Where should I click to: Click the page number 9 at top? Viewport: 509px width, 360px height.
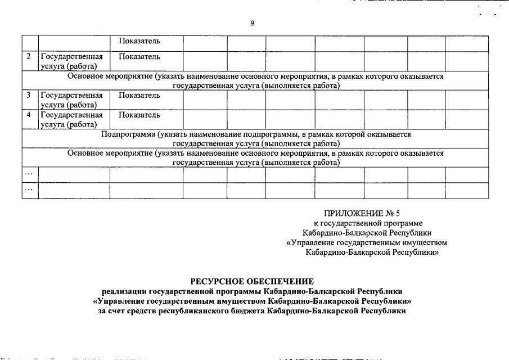point(252,23)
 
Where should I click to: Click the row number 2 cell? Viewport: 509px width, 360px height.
point(29,57)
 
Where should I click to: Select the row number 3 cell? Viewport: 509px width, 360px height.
point(29,95)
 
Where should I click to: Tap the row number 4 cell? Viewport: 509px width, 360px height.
point(29,115)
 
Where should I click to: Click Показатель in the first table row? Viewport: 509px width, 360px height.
point(139,42)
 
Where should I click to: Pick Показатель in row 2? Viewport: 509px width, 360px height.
point(139,57)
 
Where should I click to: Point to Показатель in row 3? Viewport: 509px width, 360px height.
point(139,95)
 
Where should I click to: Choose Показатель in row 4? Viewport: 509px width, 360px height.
point(139,115)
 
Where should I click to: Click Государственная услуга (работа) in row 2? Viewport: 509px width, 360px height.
point(71,61)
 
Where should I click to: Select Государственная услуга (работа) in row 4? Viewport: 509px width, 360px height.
point(71,119)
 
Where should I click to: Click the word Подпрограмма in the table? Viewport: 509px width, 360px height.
point(128,135)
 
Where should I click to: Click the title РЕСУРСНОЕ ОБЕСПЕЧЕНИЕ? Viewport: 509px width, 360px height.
point(251,281)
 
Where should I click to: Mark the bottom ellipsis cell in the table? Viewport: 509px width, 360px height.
point(29,190)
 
